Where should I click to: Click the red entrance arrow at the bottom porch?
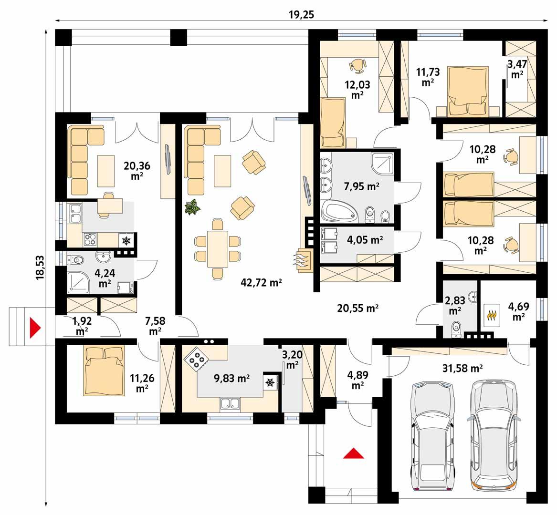pos(353,453)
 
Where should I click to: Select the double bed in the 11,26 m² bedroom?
pos(105,370)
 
